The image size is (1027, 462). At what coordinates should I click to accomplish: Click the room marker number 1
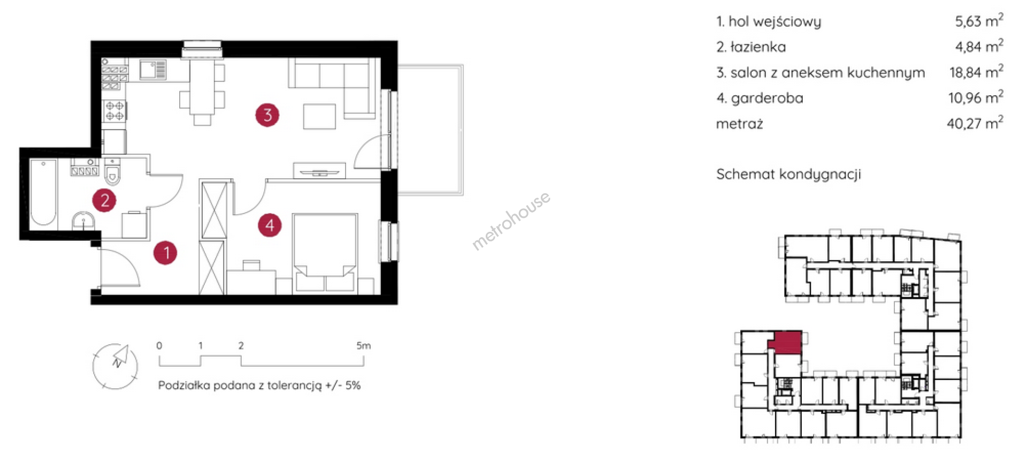click(x=165, y=253)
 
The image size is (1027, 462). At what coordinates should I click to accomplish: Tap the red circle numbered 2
click(x=104, y=200)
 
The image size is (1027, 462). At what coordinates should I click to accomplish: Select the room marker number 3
click(x=267, y=115)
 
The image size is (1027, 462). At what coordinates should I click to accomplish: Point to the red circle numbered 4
click(x=270, y=225)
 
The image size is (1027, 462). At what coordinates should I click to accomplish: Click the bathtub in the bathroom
click(x=43, y=192)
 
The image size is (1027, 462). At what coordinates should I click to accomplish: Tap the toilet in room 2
click(x=112, y=171)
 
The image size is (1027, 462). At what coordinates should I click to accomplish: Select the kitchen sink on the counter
click(x=153, y=70)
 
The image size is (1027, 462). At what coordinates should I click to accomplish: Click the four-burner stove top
click(x=114, y=111)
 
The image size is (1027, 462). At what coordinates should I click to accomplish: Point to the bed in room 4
click(x=325, y=253)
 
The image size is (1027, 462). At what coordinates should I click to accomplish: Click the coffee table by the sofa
click(x=319, y=116)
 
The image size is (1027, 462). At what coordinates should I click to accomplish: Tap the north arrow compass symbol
click(x=116, y=366)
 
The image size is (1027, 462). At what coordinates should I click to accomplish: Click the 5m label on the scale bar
click(x=364, y=346)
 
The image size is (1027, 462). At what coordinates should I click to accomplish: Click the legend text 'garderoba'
click(x=767, y=99)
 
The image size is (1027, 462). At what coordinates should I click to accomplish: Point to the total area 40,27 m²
click(x=975, y=123)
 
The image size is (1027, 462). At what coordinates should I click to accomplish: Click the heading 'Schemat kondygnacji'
click(x=788, y=174)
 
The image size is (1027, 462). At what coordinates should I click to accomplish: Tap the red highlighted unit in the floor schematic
click(x=786, y=342)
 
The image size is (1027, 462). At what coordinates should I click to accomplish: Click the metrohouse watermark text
click(x=511, y=221)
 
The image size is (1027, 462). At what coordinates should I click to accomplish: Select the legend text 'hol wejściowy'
click(x=775, y=21)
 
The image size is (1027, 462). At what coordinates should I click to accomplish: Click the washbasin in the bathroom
click(x=83, y=221)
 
